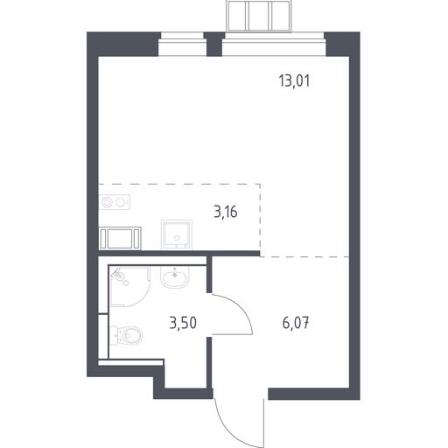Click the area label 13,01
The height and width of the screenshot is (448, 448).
point(294,80)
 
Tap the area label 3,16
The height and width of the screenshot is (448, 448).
point(226,212)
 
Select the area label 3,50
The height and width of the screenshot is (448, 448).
point(183,323)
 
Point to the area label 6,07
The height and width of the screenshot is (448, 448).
point(296,324)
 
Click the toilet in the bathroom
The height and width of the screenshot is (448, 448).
point(126,336)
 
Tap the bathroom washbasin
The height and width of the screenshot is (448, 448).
point(175,277)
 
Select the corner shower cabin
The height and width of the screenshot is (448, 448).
point(129,286)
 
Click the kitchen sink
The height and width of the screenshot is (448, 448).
point(177,234)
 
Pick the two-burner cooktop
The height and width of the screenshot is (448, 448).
point(115,202)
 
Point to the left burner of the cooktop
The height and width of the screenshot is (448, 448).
point(107,202)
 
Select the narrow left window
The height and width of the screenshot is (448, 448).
point(182,44)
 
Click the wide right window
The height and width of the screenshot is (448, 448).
point(274,44)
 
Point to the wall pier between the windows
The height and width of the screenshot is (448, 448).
point(214,44)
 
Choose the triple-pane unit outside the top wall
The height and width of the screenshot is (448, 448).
point(259,16)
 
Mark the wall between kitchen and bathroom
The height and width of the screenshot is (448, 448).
point(179,253)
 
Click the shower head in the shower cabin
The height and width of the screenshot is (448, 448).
point(119,275)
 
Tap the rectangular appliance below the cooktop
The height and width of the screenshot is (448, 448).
point(120,238)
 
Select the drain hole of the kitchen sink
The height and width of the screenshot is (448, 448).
point(176,238)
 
